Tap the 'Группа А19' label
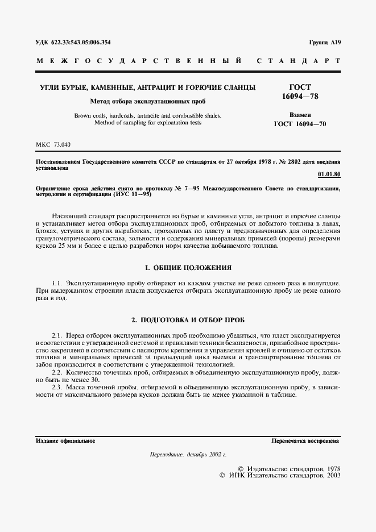tap(324, 43)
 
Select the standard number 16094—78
tap(300, 97)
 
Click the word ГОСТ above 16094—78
tap(300, 87)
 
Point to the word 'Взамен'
tap(300, 114)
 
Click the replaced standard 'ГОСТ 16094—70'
tap(300, 123)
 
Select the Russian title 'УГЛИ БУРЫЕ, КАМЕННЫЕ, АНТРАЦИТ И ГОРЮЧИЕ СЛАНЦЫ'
tap(147, 88)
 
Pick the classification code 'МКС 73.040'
tap(53, 145)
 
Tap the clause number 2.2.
tap(56, 371)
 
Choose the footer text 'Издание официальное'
tap(65, 440)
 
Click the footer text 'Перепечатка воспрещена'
tap(305, 440)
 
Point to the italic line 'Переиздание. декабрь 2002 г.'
tap(188, 455)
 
